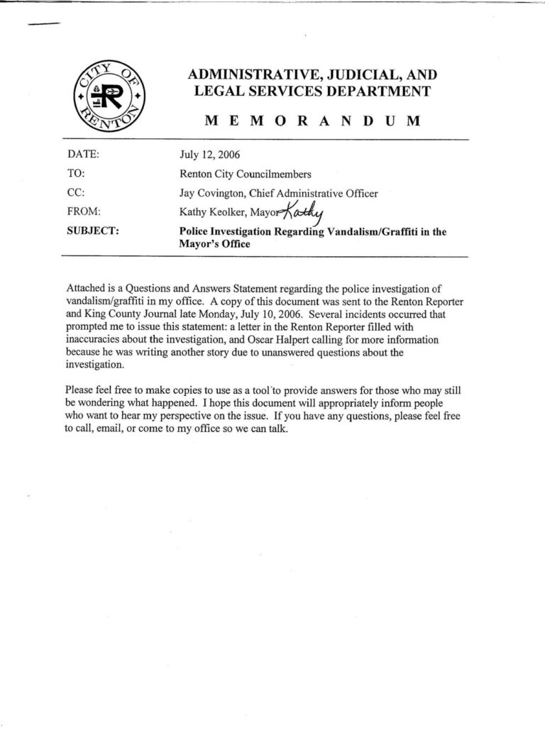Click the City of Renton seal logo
tap(108, 95)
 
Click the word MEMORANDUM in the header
tap(312, 121)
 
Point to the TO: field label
tap(76, 172)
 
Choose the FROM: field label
tap(84, 211)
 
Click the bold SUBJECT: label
tap(92, 231)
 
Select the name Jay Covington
tap(210, 192)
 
